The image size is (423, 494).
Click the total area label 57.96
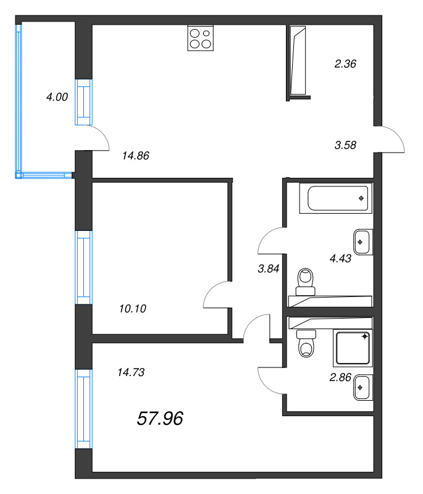point(159,419)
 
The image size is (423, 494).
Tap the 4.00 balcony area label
point(57,96)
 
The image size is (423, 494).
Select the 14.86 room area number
point(136,156)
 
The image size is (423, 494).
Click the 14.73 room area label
point(130,372)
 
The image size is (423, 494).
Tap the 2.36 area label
point(346,63)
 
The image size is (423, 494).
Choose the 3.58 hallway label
point(346,145)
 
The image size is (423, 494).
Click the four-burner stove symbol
point(200,38)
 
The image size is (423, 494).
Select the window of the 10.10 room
point(83,267)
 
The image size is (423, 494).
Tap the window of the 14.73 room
point(83,409)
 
